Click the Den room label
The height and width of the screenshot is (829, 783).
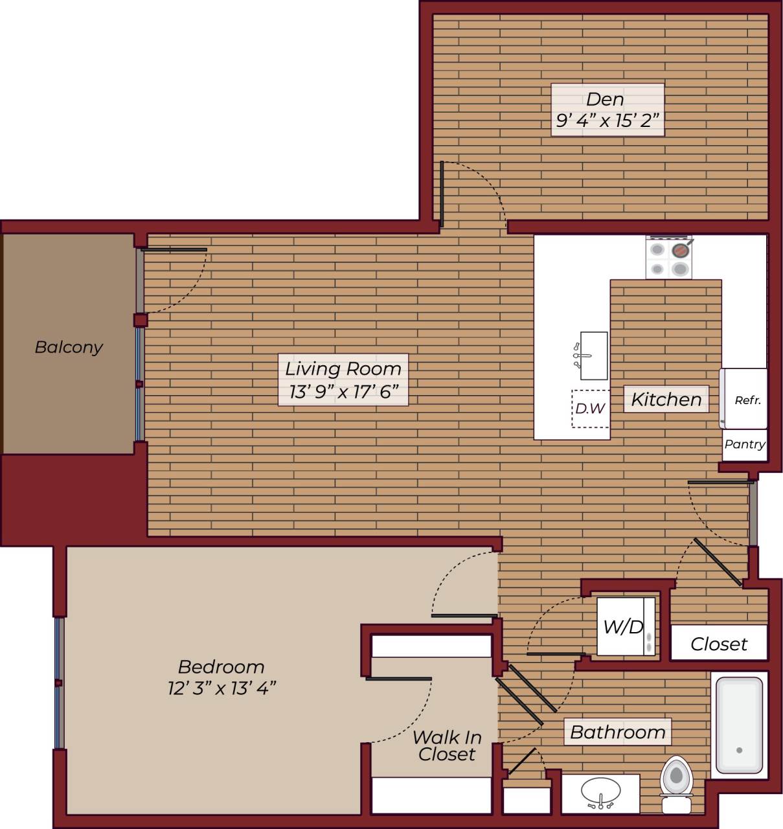click(605, 99)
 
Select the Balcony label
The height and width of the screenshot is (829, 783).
click(69, 347)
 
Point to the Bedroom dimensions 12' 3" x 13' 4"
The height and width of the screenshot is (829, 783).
click(221, 688)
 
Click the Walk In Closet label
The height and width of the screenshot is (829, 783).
click(446, 745)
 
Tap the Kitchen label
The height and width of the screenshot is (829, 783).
click(666, 400)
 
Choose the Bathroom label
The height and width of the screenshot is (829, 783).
click(617, 732)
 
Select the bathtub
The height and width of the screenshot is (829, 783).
click(738, 724)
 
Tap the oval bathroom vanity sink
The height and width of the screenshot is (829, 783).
click(600, 791)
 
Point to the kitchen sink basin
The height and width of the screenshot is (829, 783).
click(594, 355)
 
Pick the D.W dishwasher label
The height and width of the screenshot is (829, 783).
click(590, 409)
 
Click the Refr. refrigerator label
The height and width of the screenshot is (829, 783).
click(747, 400)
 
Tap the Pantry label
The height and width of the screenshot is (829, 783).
click(744, 444)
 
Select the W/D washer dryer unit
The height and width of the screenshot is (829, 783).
click(624, 626)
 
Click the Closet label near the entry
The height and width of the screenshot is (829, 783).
click(718, 644)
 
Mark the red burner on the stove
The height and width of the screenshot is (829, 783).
click(679, 250)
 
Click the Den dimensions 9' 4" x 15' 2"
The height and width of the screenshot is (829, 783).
click(607, 120)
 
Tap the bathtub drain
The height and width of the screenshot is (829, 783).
click(739, 750)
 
